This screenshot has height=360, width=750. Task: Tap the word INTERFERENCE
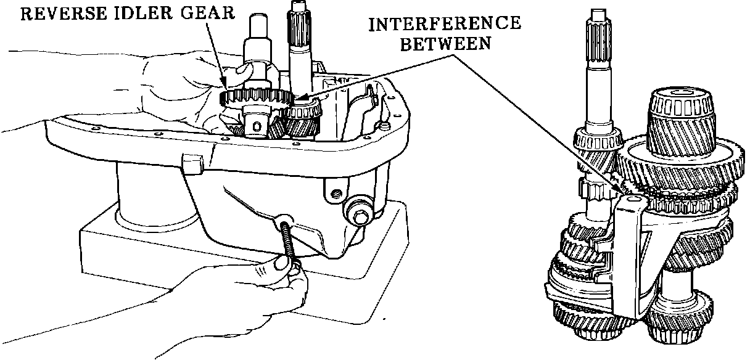444,24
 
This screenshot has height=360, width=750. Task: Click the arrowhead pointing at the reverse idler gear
223,86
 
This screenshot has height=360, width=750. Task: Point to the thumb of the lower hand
282,263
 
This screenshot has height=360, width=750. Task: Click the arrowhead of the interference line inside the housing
298,99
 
